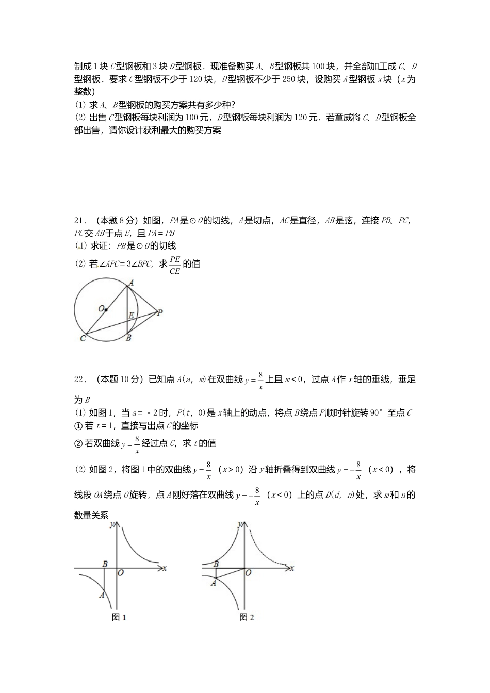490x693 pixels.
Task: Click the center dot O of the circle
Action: [x=106, y=309]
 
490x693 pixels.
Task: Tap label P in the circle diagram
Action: [x=160, y=312]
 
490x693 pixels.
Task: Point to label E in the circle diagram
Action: [x=132, y=315]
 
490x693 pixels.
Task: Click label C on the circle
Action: [x=83, y=338]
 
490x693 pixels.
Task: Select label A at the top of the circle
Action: [x=131, y=283]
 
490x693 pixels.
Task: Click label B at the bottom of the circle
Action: [x=128, y=338]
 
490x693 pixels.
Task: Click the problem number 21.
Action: [x=79, y=221]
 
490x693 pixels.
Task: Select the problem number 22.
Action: [x=79, y=379]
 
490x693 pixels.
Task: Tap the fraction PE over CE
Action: [x=175, y=265]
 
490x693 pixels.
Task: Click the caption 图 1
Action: [x=119, y=617]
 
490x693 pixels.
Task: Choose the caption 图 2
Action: [x=247, y=617]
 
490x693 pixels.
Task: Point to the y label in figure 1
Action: [x=112, y=524]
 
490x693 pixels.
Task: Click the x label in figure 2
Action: [x=292, y=568]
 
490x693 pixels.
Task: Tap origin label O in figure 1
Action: [x=120, y=572]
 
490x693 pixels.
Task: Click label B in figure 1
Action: [x=105, y=564]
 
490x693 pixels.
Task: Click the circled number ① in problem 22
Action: [x=78, y=426]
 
